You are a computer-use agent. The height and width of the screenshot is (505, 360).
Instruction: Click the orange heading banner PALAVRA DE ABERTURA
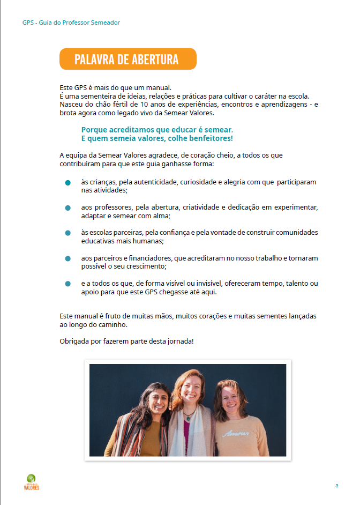point(127,59)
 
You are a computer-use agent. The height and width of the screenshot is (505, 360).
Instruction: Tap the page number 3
point(336,486)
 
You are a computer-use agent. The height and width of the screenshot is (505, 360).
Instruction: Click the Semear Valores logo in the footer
point(32,481)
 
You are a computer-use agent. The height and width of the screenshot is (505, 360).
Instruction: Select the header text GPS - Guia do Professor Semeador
point(71,23)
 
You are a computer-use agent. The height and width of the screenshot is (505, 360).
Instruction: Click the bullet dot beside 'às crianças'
point(68,183)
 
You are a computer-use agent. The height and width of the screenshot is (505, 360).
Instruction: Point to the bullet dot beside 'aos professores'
point(68,208)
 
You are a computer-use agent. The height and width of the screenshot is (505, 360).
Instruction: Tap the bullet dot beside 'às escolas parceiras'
point(68,233)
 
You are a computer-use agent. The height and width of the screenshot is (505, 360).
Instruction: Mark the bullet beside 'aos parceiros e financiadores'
point(68,258)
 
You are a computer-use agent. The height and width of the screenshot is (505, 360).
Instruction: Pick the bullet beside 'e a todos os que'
point(68,284)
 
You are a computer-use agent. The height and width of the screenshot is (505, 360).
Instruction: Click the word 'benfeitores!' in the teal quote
point(209,138)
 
